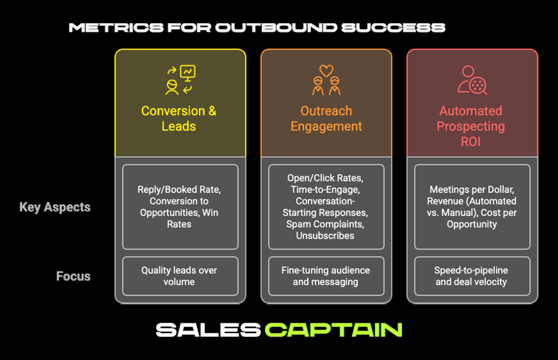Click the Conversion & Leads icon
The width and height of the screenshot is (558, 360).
179,80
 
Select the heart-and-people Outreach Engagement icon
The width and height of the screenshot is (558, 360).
326,80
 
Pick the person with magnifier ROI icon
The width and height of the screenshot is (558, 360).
472,80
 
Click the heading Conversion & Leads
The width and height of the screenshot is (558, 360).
179,119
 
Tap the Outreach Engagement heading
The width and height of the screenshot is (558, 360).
326,119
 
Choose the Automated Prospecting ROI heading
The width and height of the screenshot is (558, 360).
472,126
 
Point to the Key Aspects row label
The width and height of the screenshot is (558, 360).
55,207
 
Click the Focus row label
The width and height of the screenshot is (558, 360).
73,276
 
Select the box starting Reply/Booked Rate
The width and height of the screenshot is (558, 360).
180,207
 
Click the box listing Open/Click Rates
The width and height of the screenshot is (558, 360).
326,207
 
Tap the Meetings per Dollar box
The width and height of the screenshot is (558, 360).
472,207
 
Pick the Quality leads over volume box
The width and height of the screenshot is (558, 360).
180,276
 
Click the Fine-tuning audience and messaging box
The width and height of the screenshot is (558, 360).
326,276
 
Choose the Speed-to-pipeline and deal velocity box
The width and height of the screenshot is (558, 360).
472,276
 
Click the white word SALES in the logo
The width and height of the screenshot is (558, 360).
208,329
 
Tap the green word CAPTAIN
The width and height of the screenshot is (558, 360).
333,329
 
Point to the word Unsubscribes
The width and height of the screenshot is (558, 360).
326,236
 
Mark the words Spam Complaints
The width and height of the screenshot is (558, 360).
326,224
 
